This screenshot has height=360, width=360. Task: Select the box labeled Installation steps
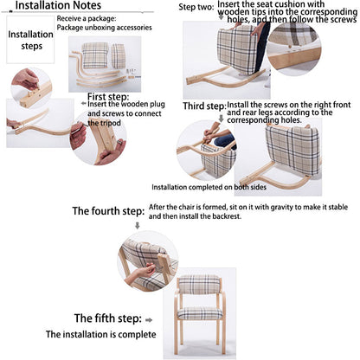click(x=30, y=42)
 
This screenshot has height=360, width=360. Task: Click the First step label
click(x=108, y=96)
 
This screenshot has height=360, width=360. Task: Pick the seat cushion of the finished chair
click(x=200, y=312)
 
